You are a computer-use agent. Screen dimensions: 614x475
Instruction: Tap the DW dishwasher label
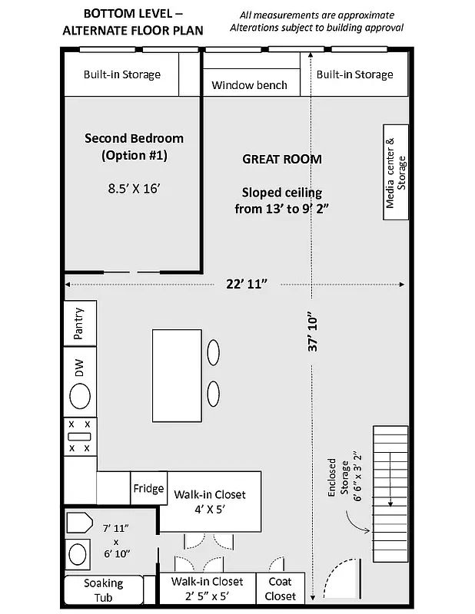pos(79,368)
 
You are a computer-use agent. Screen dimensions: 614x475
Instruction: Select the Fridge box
pos(148,489)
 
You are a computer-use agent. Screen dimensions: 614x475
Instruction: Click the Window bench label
pos(249,84)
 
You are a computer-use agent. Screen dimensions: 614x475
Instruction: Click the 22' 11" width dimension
pos(246,284)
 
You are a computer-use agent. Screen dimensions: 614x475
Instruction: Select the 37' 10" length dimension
pos(311,332)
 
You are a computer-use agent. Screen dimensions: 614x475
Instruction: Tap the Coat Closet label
pos(281,589)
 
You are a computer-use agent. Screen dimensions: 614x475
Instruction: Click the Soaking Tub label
pos(103,590)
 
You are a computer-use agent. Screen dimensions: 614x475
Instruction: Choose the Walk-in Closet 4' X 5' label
pos(209,501)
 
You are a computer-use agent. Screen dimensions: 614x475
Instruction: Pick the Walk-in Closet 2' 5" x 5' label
pos(207,589)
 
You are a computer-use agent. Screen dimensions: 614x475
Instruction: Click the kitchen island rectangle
pos(177,375)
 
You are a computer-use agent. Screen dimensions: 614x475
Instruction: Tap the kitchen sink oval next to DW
pos(79,397)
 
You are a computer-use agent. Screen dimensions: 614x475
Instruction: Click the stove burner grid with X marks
pos(79,435)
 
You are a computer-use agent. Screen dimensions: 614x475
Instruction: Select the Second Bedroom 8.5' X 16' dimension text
pos(134,187)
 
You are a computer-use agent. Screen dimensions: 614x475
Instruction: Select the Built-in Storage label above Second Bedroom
pos(122,74)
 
